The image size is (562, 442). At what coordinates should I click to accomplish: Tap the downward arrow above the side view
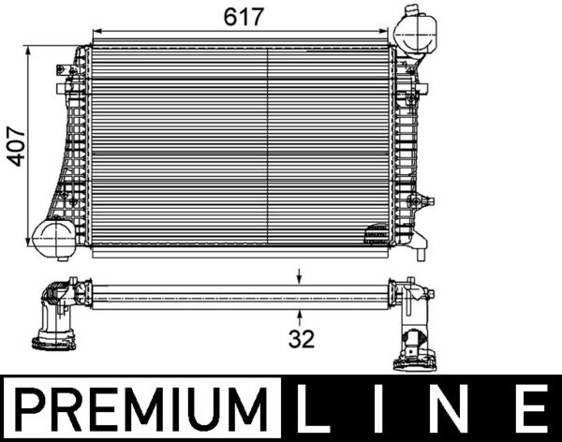[x=300, y=277]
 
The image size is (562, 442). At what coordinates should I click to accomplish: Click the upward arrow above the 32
[x=300, y=316]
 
